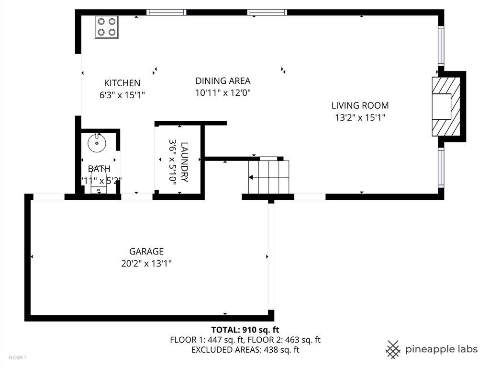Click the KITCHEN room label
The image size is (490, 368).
tap(122, 83)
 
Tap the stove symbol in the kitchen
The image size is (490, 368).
tap(107, 27)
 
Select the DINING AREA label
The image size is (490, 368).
tap(223, 81)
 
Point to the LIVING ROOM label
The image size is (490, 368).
tap(360, 105)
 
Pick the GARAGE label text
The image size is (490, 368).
tap(146, 251)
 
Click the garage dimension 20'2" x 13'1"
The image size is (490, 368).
tap(146, 263)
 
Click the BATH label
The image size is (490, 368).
tap(99, 169)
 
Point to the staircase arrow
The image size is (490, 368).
tap(258, 178)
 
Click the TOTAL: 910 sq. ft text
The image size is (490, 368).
tap(245, 330)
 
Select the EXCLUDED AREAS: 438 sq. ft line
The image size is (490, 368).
tap(245, 350)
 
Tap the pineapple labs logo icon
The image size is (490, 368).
tap(393, 349)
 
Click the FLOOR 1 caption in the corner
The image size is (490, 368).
tap(17, 357)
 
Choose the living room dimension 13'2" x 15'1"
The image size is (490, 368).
tap(360, 117)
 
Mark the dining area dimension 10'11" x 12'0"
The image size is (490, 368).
tap(223, 92)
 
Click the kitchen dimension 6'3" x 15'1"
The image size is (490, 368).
tap(122, 95)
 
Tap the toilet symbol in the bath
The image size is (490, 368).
tap(99, 188)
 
